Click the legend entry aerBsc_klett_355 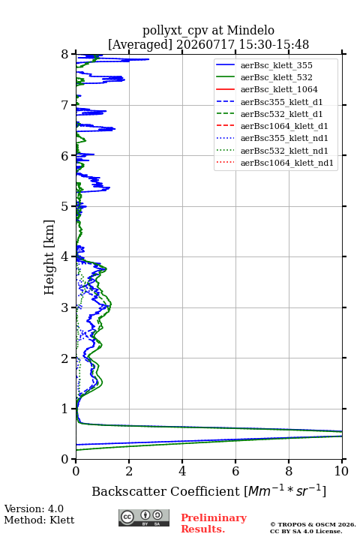(x=276, y=65)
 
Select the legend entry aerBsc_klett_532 (x=276, y=77)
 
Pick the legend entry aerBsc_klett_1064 (x=279, y=89)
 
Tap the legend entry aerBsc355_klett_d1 (x=281, y=102)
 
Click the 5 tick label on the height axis (x=65, y=206)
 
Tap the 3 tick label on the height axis (x=65, y=307)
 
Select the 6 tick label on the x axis (x=235, y=471)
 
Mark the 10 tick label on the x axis (x=341, y=471)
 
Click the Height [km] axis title (x=49, y=257)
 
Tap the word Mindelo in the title (x=250, y=30)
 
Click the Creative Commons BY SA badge (x=144, y=517)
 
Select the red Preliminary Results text (x=214, y=523)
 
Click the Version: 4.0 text (x=34, y=508)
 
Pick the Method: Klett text (x=39, y=520)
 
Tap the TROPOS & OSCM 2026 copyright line (x=313, y=524)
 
